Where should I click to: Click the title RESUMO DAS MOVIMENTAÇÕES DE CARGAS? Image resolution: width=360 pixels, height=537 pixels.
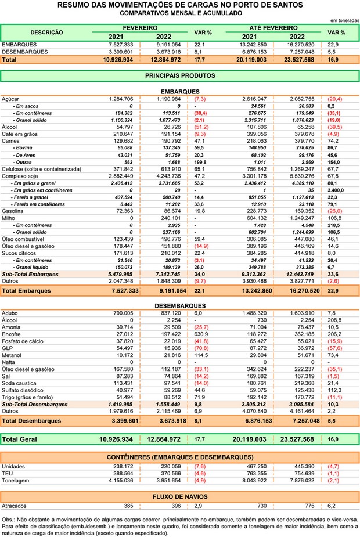coord(179,5)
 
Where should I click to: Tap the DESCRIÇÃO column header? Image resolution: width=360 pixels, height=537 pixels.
coord(46,33)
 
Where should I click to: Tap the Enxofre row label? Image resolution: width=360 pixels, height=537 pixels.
coord(12,334)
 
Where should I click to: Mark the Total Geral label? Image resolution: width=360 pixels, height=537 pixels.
coord(20,439)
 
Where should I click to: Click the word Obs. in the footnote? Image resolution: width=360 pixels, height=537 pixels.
coord(8,520)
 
